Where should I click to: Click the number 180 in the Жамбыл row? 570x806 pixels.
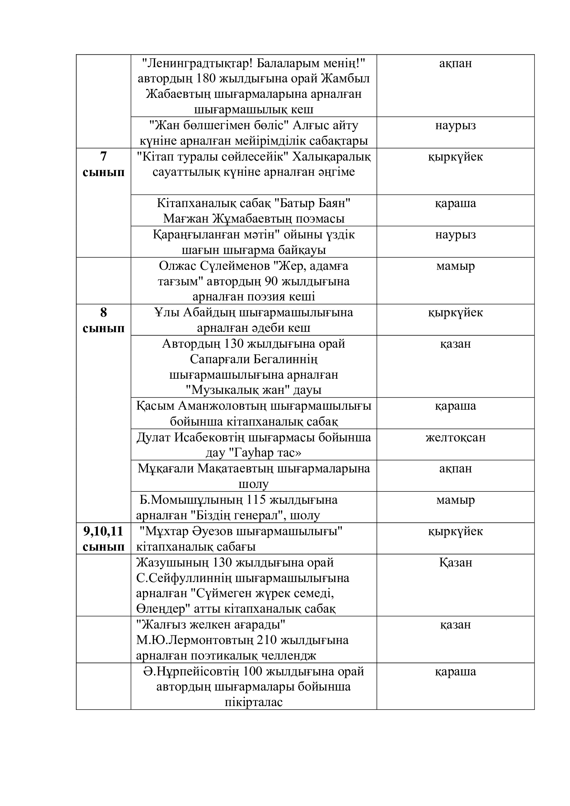(206, 78)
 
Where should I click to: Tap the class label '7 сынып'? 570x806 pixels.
(103, 164)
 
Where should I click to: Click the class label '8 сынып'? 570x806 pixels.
(103, 320)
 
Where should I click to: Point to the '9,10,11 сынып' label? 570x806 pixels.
(103, 539)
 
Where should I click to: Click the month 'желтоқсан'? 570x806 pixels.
(455, 437)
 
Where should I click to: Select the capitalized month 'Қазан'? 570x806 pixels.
(455, 563)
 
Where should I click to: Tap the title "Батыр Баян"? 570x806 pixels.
(312, 203)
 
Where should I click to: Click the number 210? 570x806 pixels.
(269, 640)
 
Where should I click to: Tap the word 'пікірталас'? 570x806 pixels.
(253, 702)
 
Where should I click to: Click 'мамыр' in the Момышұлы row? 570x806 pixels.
(455, 500)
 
